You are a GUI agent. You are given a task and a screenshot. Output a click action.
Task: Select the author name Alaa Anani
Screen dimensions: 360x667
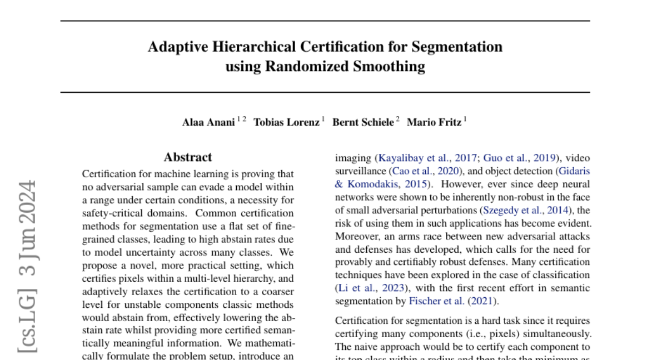click(208, 123)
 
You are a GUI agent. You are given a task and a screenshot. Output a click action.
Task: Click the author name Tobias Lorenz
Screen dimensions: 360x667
click(286, 123)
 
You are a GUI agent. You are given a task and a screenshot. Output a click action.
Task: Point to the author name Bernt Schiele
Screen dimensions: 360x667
click(363, 123)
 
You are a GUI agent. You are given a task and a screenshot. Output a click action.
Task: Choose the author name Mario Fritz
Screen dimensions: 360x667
click(434, 123)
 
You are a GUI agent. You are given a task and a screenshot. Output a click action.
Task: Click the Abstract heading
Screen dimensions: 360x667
click(188, 157)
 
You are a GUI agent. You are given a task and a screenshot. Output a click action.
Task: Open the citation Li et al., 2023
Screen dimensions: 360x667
click(371, 288)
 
